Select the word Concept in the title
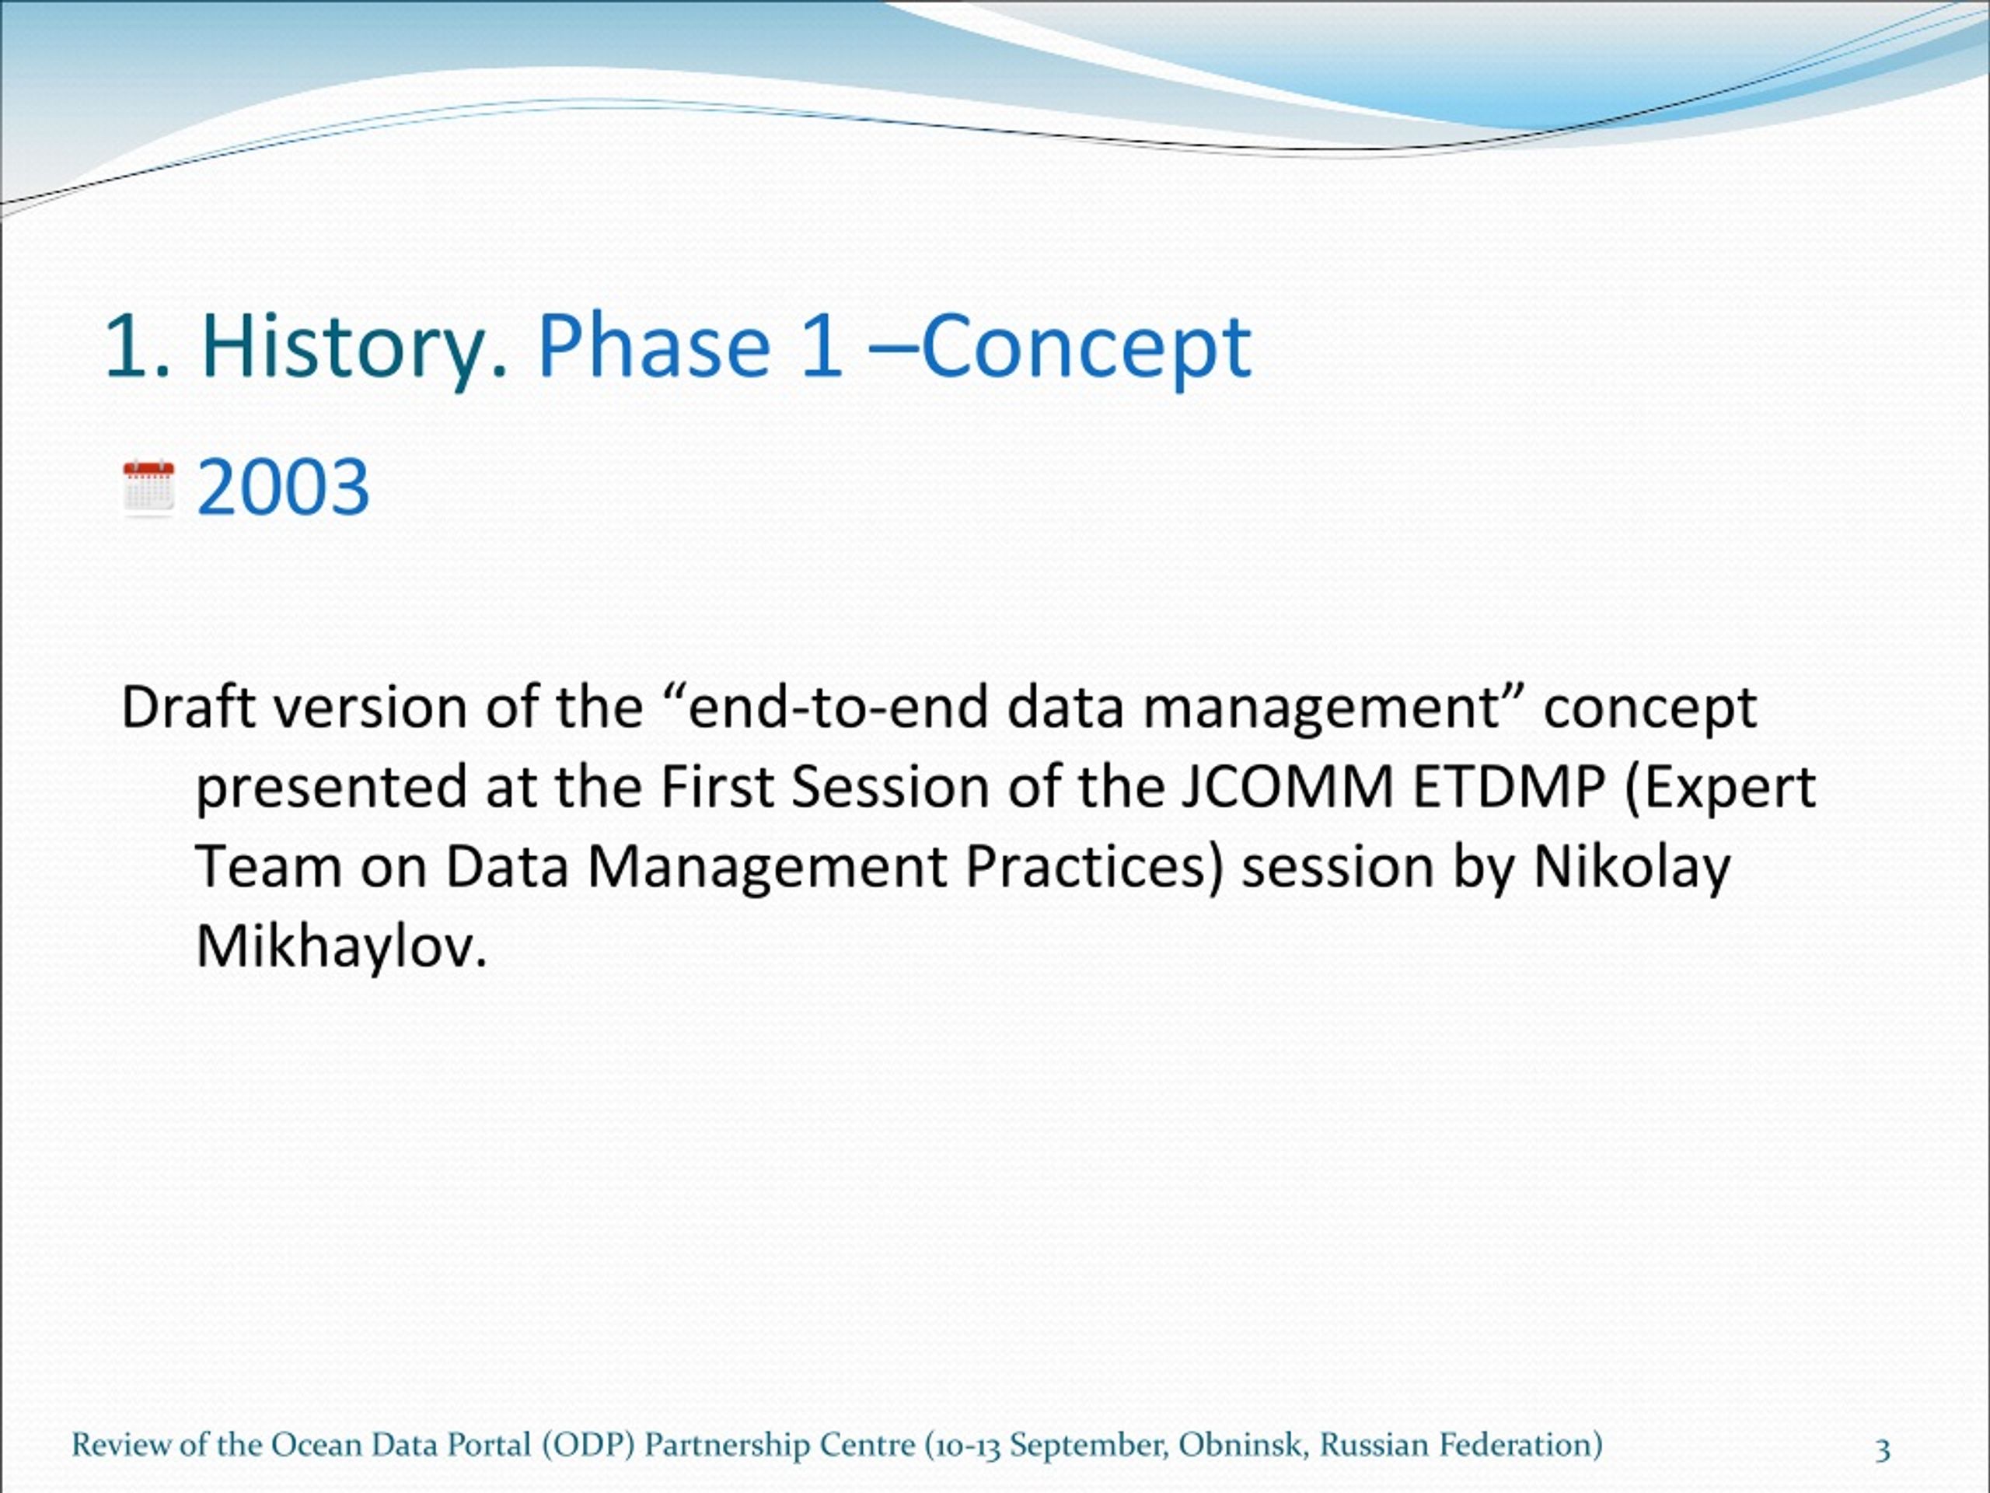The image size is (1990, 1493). coord(1086,348)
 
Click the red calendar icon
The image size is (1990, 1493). coord(148,488)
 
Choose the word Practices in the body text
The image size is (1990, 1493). coord(1094,869)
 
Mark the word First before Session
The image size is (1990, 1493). coord(717,788)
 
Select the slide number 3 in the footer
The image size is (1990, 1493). coord(1883,1449)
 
